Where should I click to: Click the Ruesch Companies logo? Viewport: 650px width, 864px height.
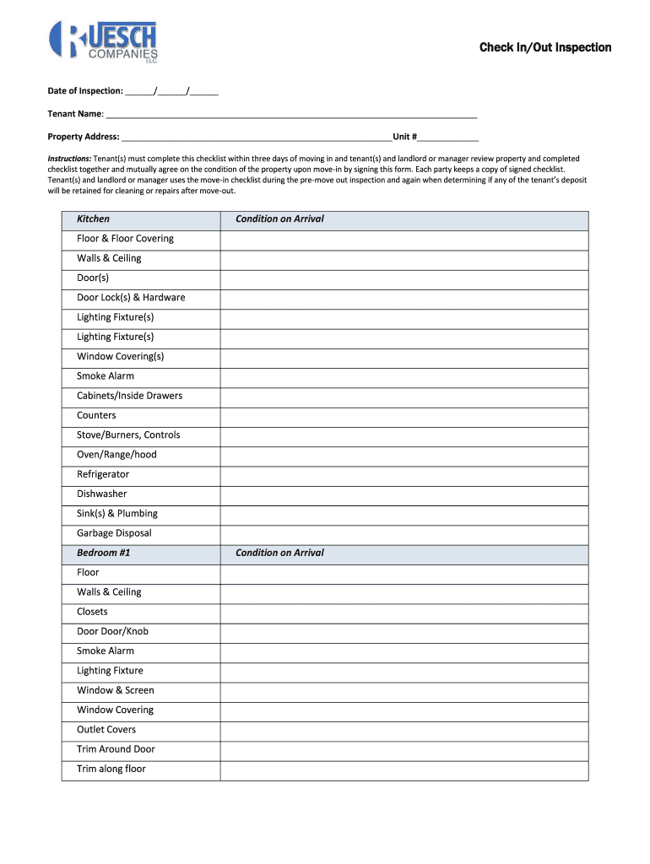click(x=103, y=41)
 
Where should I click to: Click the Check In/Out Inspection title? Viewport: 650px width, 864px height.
click(x=544, y=47)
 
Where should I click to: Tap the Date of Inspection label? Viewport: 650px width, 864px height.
click(x=84, y=90)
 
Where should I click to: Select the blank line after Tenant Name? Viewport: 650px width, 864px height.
click(x=291, y=114)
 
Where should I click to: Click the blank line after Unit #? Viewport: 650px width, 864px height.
click(x=448, y=137)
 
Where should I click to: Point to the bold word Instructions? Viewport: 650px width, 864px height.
click(x=69, y=159)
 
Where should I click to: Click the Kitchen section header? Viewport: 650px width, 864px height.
click(x=93, y=219)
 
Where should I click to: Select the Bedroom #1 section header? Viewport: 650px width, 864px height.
click(x=103, y=553)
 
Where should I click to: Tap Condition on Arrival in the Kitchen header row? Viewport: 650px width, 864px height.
click(x=279, y=219)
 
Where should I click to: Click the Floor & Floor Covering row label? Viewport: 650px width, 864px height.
click(x=125, y=239)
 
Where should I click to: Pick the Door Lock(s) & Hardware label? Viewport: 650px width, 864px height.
click(x=131, y=298)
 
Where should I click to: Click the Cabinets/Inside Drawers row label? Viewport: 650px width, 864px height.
click(x=129, y=396)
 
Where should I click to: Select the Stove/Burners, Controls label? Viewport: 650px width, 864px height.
click(x=128, y=435)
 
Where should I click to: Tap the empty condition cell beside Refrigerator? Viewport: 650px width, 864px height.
click(x=404, y=475)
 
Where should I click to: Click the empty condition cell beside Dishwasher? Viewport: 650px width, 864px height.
click(x=404, y=494)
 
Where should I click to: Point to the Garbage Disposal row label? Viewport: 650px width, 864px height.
click(x=114, y=533)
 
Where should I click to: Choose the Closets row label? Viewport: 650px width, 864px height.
click(x=92, y=612)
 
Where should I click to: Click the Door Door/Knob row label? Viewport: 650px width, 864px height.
click(x=112, y=632)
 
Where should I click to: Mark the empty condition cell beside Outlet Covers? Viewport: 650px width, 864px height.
click(x=404, y=730)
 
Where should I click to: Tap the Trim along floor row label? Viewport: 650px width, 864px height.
click(x=111, y=769)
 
